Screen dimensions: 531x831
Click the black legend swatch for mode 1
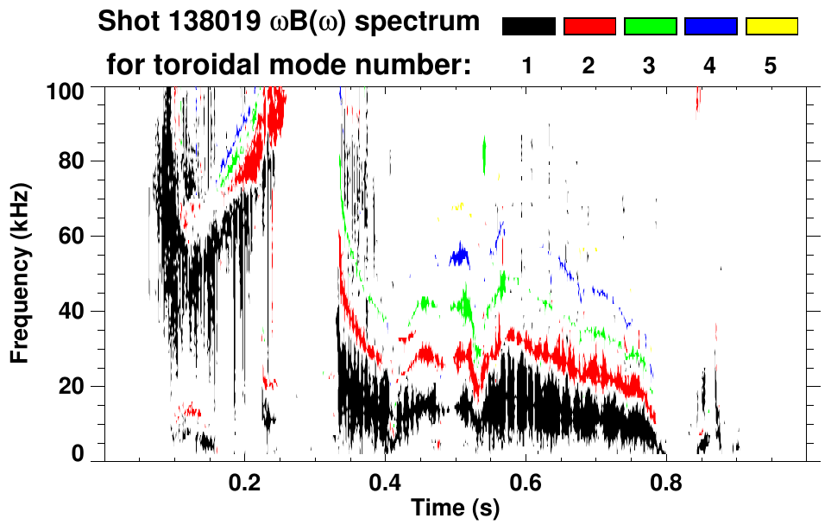[528, 27]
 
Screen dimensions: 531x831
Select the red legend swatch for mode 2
[589, 27]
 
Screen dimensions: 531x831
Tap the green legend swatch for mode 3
[650, 27]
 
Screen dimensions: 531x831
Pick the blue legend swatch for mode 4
[710, 27]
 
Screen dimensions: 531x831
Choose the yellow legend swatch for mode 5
[771, 27]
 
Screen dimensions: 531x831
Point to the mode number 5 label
[771, 66]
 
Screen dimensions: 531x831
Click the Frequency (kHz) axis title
[20, 273]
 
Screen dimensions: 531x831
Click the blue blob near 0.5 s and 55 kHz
[459, 255]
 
